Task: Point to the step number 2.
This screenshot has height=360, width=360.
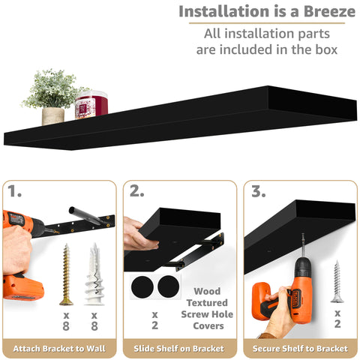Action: click(x=136, y=192)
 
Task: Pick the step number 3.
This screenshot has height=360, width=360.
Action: click(x=257, y=192)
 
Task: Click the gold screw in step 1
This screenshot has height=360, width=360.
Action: click(x=66, y=274)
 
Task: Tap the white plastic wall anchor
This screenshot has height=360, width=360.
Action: click(x=93, y=274)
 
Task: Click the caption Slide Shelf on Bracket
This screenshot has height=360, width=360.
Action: click(x=179, y=349)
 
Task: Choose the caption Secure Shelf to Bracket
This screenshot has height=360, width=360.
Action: click(x=300, y=349)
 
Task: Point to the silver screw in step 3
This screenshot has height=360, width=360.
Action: click(x=337, y=281)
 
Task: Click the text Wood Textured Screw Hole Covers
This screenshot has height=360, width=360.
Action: click(x=208, y=308)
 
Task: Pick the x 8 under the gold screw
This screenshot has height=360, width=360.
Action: click(x=66, y=322)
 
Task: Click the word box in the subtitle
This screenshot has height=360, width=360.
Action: click(x=324, y=49)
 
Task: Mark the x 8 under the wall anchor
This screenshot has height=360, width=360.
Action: click(x=93, y=322)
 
